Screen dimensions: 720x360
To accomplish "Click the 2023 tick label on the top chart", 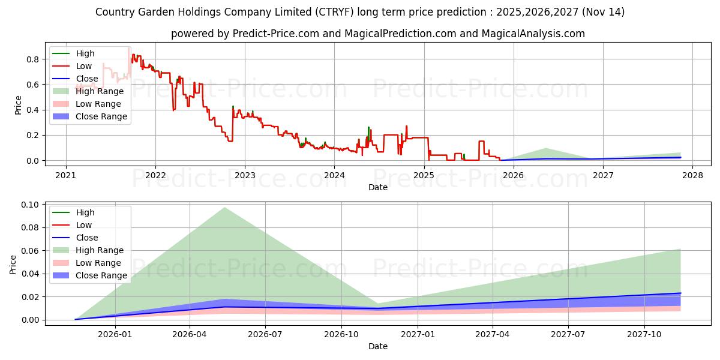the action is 245,175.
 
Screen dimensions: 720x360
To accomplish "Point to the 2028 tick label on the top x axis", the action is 692,175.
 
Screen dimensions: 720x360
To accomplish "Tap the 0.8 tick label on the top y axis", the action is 33,59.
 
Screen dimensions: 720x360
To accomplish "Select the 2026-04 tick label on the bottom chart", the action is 190,335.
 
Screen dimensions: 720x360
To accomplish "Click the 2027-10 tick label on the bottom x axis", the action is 644,335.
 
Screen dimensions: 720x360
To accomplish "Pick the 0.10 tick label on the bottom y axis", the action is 30,205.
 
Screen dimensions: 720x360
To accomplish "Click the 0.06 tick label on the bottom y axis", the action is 30,251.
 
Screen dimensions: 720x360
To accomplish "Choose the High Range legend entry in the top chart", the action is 88,91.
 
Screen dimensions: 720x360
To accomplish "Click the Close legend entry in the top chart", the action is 75,79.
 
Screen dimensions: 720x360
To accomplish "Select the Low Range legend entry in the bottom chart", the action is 87,263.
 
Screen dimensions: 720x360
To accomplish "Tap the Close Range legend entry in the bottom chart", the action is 89,275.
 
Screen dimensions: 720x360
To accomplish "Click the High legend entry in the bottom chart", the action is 73,212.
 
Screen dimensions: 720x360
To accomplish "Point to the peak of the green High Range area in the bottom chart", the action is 224,208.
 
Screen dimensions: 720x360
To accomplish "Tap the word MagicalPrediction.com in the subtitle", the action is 400,34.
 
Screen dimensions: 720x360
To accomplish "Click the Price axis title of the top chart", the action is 18,105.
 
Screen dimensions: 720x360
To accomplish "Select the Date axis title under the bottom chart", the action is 378,346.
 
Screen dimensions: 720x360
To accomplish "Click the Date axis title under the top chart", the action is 378,187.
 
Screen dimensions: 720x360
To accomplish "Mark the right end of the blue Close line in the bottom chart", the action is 680,293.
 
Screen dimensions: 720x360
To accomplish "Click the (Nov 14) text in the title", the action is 603,12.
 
